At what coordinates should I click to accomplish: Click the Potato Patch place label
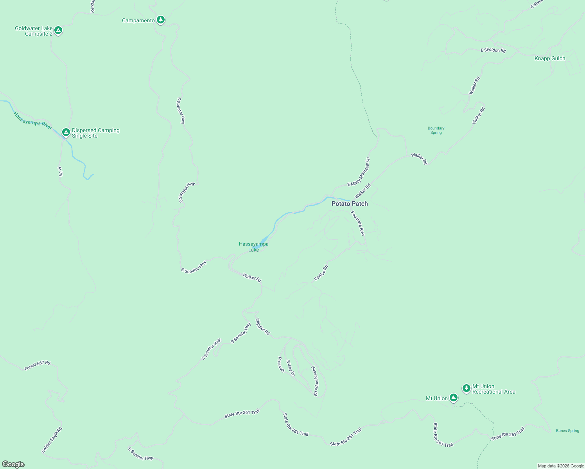(x=350, y=204)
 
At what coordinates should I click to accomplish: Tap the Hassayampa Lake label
(x=253, y=247)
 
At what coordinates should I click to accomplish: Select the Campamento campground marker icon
(x=160, y=20)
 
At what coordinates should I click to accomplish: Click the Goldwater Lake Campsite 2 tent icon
(x=58, y=30)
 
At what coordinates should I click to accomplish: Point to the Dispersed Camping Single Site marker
(x=66, y=132)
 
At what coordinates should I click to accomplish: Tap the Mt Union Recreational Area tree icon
(x=466, y=388)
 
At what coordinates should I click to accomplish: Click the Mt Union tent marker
(x=453, y=398)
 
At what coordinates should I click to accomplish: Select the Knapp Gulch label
(x=550, y=59)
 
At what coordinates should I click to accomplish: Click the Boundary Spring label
(x=436, y=131)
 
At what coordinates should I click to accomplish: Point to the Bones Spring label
(x=567, y=431)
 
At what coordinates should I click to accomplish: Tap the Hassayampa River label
(x=33, y=121)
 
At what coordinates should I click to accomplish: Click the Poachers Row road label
(x=358, y=223)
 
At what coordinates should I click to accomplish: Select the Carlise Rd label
(x=321, y=273)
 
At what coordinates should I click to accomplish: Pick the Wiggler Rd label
(x=263, y=327)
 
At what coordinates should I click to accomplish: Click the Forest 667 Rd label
(x=38, y=366)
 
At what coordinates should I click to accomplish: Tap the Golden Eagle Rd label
(x=52, y=440)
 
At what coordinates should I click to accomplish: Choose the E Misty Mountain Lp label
(x=359, y=172)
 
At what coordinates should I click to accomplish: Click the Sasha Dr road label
(x=290, y=368)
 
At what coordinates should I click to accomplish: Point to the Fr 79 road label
(x=60, y=172)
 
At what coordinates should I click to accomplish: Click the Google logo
(x=13, y=464)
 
